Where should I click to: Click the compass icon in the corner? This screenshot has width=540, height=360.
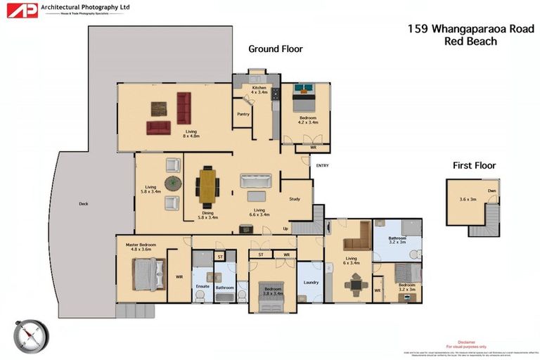pos(32,335)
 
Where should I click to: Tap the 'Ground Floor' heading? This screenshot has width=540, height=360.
pos(275,49)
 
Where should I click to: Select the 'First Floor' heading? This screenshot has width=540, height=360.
pos(474,166)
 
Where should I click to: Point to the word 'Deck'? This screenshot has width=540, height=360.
pos(84,204)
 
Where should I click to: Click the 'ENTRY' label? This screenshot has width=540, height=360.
pos(323,166)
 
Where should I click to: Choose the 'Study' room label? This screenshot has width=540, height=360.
pos(295,199)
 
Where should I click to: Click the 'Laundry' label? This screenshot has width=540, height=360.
pos(311,283)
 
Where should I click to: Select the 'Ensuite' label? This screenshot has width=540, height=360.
pos(202,287)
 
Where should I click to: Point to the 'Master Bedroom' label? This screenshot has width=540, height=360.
pos(141,245)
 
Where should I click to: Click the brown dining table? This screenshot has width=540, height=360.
pos(208,184)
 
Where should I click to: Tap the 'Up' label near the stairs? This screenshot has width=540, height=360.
pos(285,229)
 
